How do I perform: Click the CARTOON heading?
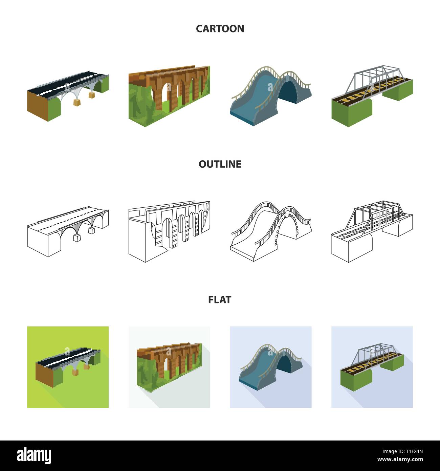pos(220,28)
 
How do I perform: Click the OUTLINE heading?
pos(220,164)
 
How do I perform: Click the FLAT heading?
pos(220,300)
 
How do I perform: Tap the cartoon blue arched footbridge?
pos(271,97)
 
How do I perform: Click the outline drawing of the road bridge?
pos(68,232)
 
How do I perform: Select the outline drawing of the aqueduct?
pos(169,232)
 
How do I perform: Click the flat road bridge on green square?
pos(68,367)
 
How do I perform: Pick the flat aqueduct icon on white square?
pos(169,367)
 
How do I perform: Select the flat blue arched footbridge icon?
pos(271,367)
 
